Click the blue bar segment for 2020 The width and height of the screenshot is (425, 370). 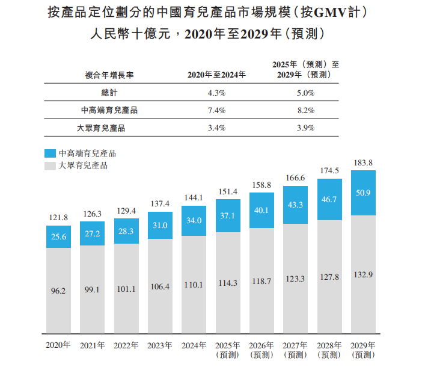pyautogui.click(x=58, y=237)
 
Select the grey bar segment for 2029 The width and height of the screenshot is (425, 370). pyautogui.click(x=362, y=274)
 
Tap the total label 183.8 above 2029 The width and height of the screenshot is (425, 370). pyautogui.click(x=362, y=163)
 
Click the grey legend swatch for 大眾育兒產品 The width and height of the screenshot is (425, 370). pyautogui.click(x=50, y=165)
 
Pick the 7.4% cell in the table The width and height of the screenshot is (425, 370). pyautogui.click(x=216, y=110)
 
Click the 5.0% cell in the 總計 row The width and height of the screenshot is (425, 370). pyautogui.click(x=305, y=93)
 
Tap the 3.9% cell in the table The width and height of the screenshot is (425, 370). pyautogui.click(x=305, y=128)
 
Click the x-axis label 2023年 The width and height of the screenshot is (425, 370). pyautogui.click(x=160, y=345)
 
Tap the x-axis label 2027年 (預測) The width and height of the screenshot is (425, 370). pyautogui.click(x=295, y=350)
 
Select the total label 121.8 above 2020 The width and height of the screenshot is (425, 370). pyautogui.click(x=58, y=217)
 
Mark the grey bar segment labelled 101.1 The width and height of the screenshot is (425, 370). pyautogui.click(x=126, y=288)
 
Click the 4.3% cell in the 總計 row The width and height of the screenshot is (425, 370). pyautogui.click(x=216, y=93)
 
